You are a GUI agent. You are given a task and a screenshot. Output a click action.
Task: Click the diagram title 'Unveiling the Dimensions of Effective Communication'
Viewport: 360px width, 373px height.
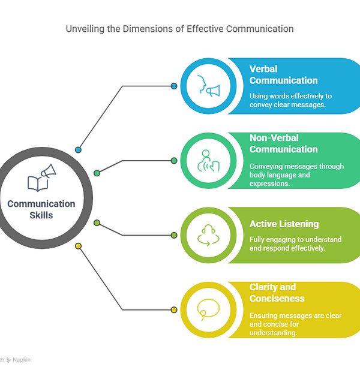(x=179, y=29)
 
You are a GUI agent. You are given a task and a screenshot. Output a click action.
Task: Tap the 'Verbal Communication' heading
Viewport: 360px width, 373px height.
(x=283, y=75)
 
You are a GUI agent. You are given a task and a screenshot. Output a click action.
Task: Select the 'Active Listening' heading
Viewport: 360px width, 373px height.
(x=284, y=224)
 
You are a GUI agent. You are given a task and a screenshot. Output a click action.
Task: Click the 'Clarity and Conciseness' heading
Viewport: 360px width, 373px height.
(x=277, y=293)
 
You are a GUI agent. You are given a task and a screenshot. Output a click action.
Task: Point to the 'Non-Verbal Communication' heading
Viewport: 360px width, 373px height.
(x=283, y=143)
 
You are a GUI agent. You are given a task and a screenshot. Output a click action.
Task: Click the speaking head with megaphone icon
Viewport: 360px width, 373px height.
(x=209, y=86)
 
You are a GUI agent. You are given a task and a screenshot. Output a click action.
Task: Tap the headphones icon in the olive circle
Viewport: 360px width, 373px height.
(x=208, y=235)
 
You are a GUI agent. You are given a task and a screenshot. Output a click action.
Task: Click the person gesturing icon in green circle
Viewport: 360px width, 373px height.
(x=208, y=161)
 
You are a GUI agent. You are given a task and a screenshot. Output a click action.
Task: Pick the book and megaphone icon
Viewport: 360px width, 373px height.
(x=42, y=178)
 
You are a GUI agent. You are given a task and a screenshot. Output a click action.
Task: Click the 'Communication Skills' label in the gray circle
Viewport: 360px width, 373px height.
(x=41, y=209)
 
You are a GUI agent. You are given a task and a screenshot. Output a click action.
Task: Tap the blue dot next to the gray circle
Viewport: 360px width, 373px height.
(x=78, y=150)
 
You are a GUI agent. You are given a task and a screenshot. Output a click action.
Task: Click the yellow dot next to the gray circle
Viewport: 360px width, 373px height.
(x=78, y=246)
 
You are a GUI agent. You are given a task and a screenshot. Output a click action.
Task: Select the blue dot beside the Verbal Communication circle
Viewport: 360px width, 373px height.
(x=174, y=86)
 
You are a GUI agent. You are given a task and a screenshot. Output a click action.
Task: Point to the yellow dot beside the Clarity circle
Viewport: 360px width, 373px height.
(x=174, y=309)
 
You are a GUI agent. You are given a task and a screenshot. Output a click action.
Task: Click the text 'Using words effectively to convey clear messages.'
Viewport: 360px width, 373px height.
(x=290, y=100)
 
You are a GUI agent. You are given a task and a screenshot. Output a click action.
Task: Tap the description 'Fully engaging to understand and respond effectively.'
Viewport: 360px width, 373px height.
(x=296, y=243)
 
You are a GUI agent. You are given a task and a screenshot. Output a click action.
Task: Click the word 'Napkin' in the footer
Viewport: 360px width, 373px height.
(x=22, y=360)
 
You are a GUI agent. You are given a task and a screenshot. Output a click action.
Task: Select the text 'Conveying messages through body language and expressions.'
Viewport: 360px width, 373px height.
(x=297, y=175)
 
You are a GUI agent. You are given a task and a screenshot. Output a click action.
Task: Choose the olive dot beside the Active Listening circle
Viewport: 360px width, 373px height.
(x=174, y=235)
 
